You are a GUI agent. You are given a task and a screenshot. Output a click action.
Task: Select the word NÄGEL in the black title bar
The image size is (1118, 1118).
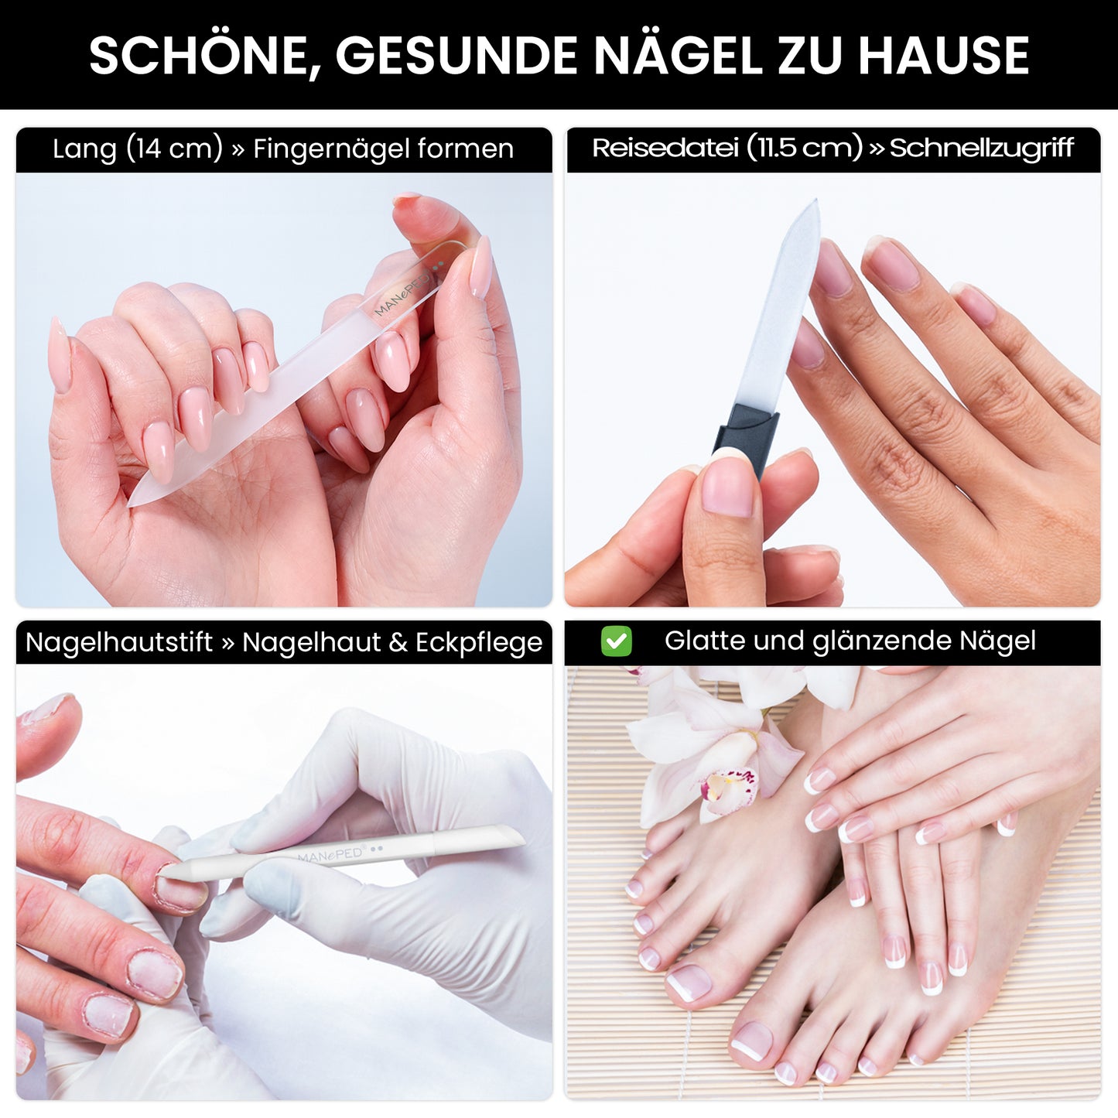click(x=679, y=56)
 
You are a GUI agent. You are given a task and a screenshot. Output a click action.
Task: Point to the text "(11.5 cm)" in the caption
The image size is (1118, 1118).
click(x=804, y=148)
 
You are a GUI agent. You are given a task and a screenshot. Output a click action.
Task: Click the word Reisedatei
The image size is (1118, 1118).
click(x=665, y=148)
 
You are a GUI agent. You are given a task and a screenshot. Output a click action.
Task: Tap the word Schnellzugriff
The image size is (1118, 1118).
click(x=981, y=148)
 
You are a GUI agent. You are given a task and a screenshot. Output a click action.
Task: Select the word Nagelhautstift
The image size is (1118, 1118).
click(x=118, y=642)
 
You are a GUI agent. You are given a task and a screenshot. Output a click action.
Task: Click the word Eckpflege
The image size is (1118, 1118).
click(x=478, y=642)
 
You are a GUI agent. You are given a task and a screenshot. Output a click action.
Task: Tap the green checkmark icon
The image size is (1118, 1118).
click(x=616, y=641)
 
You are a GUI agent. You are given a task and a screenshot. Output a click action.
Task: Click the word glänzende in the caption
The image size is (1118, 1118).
click(x=882, y=641)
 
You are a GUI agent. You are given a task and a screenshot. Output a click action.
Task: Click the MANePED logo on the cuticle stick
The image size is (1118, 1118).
click(x=331, y=855)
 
